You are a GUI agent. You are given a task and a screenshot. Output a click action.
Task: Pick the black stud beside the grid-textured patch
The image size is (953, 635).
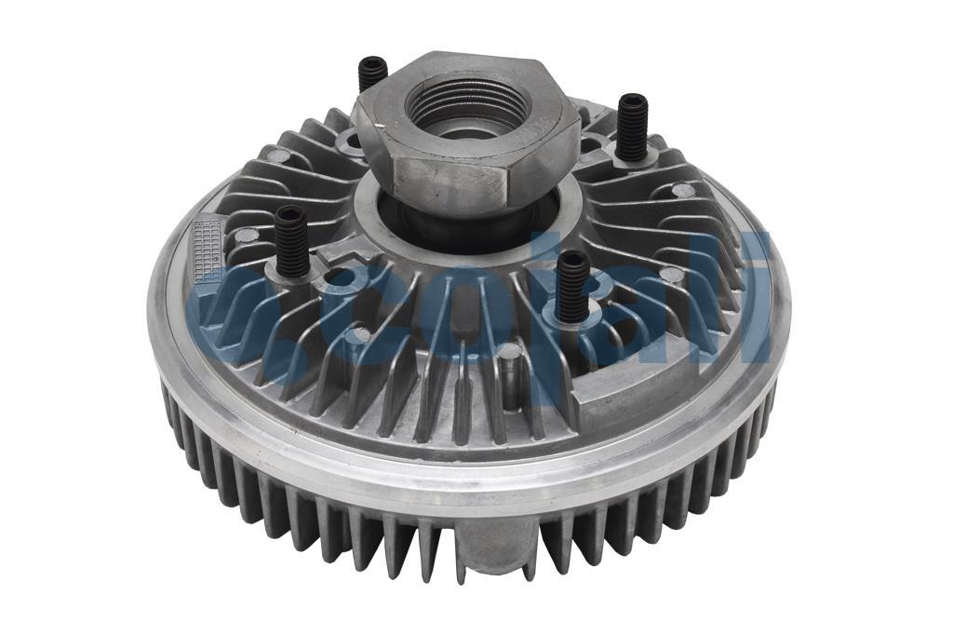pyautogui.click(x=291, y=239)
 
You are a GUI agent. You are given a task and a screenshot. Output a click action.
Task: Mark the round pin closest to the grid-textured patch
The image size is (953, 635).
pyautogui.click(x=245, y=235)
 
